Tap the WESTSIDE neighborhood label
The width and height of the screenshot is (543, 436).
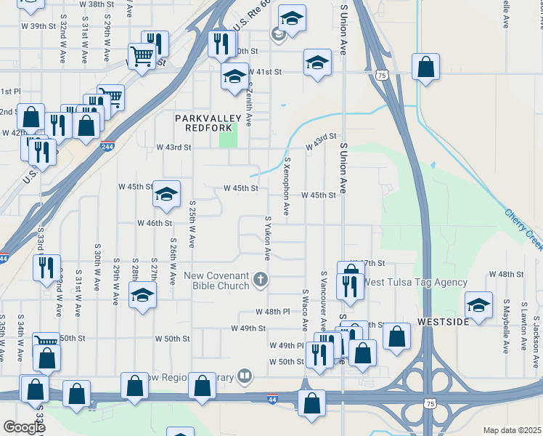click(444, 321)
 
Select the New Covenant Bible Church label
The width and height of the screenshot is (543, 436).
click(216, 280)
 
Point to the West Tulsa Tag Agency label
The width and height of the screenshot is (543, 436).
click(415, 282)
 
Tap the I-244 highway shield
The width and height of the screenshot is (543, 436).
click(107, 145)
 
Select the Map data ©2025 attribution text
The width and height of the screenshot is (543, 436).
click(512, 430)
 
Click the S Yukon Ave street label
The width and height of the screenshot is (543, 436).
click(268, 238)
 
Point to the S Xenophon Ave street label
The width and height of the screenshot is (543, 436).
click(287, 187)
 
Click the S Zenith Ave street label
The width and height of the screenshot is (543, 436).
click(249, 105)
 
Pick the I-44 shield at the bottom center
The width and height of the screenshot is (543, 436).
click(272, 399)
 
